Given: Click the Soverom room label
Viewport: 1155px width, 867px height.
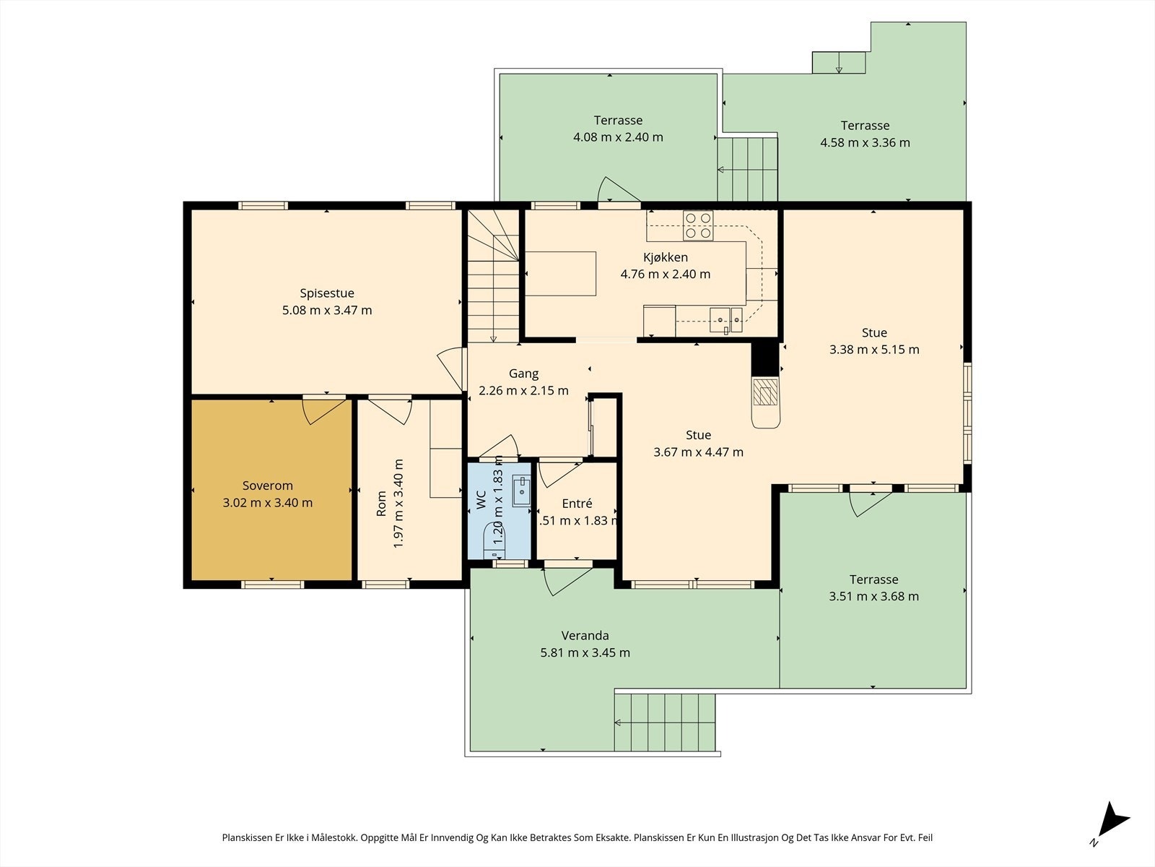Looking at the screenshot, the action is (267, 486).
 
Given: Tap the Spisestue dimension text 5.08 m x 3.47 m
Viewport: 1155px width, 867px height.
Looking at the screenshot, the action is (327, 310).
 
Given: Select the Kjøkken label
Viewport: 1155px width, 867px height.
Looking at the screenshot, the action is (665, 257).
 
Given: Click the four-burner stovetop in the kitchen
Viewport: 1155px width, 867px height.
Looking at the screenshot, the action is (698, 225).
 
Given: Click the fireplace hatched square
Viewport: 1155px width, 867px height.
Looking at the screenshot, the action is (765, 392).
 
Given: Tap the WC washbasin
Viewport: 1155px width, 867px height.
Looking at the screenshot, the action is (521, 491).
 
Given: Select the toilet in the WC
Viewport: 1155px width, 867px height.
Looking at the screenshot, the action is (494, 540).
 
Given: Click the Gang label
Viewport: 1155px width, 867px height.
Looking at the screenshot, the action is (523, 374).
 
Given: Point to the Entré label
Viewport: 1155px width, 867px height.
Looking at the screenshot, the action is (577, 504).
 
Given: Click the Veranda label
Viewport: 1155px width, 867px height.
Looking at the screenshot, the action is (585, 635).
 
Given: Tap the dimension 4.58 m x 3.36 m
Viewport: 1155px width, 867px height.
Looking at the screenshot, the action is (865, 142).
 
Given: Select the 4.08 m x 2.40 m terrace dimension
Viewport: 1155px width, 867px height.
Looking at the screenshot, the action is (618, 137).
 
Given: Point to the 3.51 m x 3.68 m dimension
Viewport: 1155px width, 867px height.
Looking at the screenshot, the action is (873, 597).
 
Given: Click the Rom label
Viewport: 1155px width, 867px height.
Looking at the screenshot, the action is (381, 504).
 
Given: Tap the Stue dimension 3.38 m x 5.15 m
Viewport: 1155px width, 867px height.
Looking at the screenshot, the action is (874, 350).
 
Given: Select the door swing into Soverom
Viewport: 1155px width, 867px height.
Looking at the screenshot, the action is (326, 411).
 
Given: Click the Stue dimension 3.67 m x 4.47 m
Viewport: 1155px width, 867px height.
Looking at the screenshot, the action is (698, 452).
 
